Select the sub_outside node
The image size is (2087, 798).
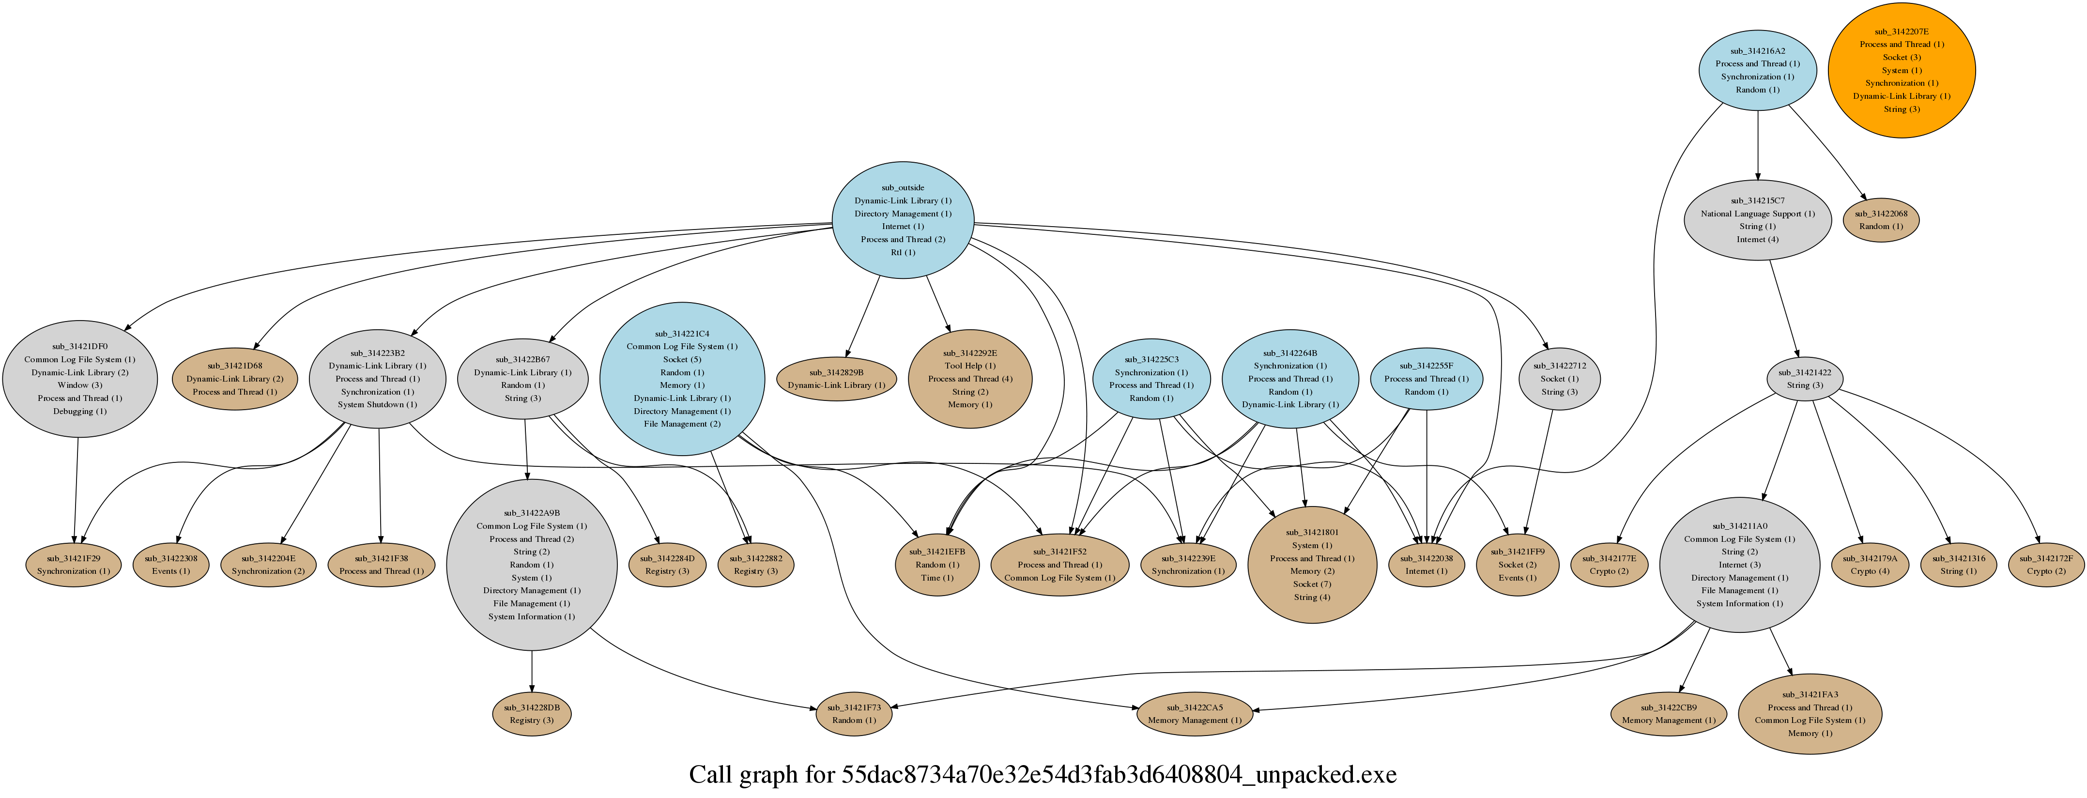903,219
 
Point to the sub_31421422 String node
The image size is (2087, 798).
1804,378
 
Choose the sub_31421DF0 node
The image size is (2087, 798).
79,378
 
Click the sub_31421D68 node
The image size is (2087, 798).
234,378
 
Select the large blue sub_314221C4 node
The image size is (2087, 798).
681,378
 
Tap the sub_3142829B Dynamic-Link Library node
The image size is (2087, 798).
836,378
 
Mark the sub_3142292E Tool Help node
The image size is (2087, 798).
970,378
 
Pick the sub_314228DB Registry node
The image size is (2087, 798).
532,714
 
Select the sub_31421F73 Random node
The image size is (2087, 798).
854,714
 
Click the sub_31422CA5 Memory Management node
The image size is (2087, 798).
1194,714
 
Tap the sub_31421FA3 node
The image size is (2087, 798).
1809,714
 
